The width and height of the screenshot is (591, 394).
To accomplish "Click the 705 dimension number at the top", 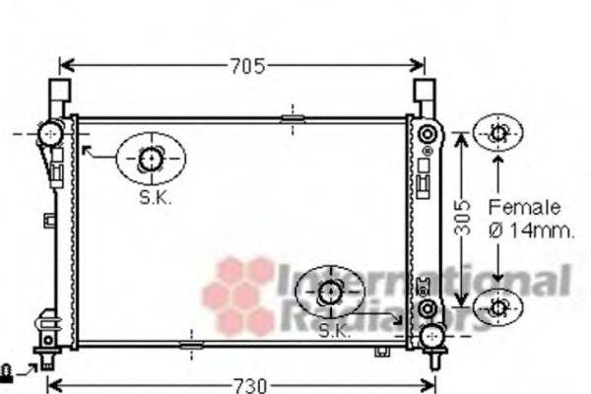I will tap(248, 67).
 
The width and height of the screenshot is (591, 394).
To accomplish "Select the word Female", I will tap(524, 208).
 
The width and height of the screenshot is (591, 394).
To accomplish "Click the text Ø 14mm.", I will tap(531, 231).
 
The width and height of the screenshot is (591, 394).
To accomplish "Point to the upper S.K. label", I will tap(155, 197).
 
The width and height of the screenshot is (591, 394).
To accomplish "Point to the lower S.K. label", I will tap(335, 332).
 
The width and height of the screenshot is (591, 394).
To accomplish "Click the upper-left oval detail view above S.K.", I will tap(151, 158).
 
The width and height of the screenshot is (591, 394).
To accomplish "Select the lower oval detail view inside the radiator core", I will tap(330, 291).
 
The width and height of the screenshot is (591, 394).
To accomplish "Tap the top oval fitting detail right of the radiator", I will tap(498, 133).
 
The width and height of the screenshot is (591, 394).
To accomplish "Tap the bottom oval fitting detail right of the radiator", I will tap(498, 308).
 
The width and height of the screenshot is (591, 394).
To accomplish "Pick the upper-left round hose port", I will tap(48, 131).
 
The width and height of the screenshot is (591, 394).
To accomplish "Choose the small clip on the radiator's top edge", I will tap(293, 118).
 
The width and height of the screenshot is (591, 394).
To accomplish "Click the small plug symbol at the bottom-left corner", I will tap(10, 371).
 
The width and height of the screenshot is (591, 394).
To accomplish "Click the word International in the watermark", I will tap(424, 282).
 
